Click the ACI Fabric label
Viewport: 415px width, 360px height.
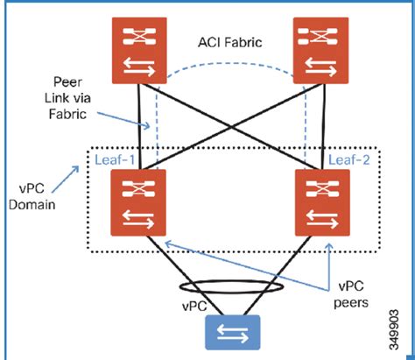[229, 41]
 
